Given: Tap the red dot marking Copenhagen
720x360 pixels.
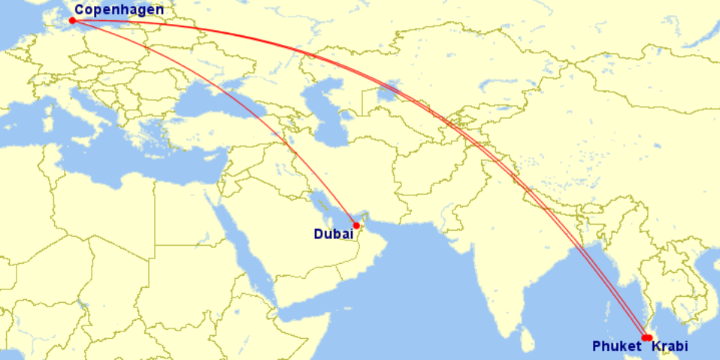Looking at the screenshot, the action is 72,20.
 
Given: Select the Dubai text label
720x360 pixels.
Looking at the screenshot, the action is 333,234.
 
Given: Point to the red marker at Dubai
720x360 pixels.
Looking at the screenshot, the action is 356,225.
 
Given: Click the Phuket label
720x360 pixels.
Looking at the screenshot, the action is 617,346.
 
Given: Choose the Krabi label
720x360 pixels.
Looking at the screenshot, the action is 669,346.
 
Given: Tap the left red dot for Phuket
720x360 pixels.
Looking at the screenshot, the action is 644,337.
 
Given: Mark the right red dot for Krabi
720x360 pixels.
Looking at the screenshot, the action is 649,337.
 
